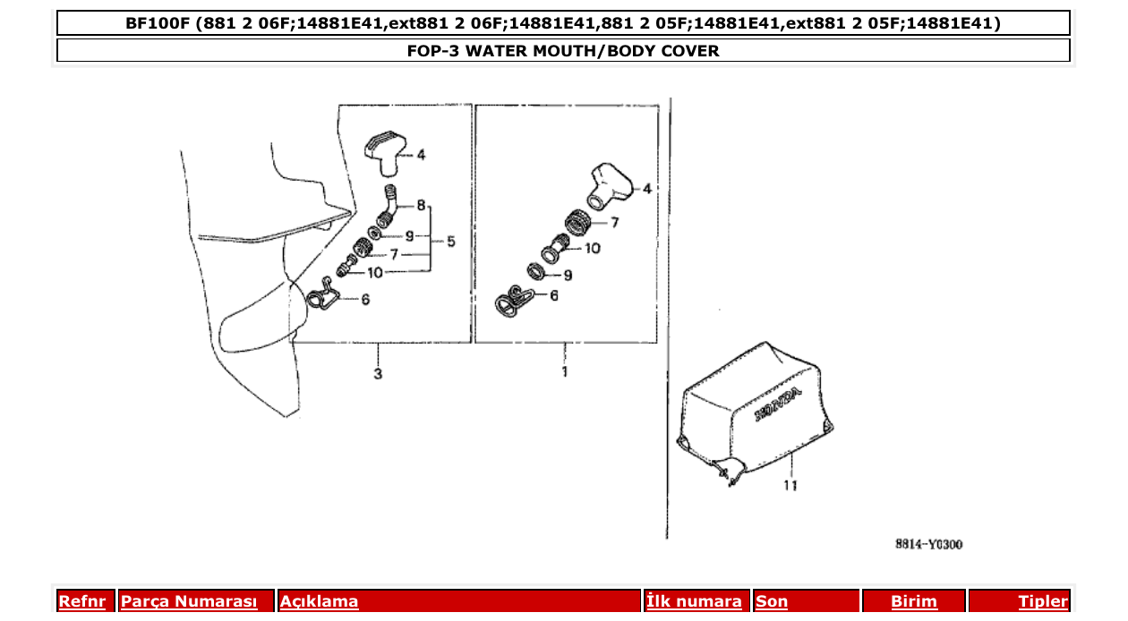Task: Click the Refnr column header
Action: pyautogui.click(x=81, y=602)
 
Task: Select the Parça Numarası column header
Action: pyautogui.click(x=189, y=602)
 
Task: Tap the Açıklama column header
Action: pyautogui.click(x=320, y=602)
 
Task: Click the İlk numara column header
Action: pyautogui.click(x=694, y=602)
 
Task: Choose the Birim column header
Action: pyautogui.click(x=914, y=602)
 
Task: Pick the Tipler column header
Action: pyautogui.click(x=1043, y=602)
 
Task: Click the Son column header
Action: pyautogui.click(x=772, y=602)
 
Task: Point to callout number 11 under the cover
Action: pyautogui.click(x=790, y=486)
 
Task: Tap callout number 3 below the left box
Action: pyautogui.click(x=378, y=373)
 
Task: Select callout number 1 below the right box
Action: pyautogui.click(x=565, y=371)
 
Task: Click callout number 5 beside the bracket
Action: pyautogui.click(x=450, y=241)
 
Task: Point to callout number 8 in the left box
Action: pyautogui.click(x=421, y=206)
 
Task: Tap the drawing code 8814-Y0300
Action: pyautogui.click(x=928, y=544)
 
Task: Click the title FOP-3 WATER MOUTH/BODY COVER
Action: pyautogui.click(x=563, y=51)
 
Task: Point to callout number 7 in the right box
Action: pyautogui.click(x=615, y=222)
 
